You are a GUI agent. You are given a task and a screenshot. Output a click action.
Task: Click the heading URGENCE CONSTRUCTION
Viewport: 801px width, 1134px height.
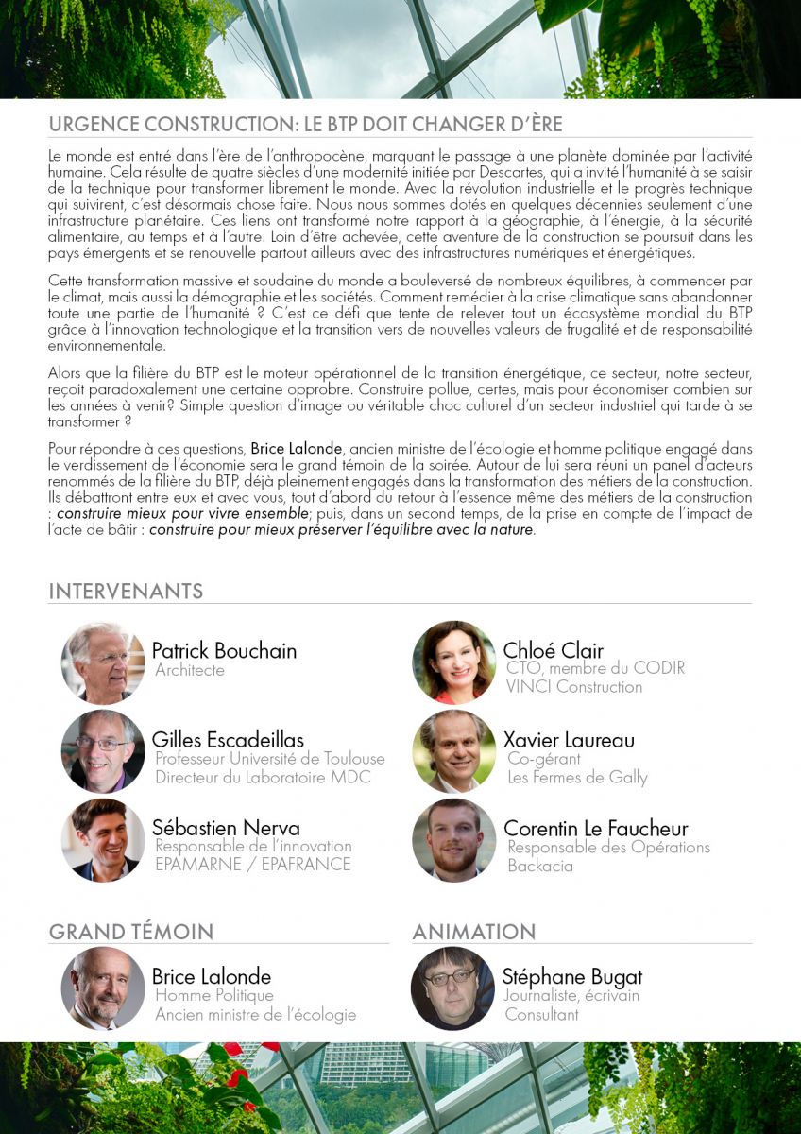point(305,126)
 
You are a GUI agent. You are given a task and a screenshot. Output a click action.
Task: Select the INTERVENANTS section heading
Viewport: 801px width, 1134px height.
point(126,592)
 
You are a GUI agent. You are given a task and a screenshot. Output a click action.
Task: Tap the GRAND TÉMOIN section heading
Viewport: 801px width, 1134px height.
point(131,931)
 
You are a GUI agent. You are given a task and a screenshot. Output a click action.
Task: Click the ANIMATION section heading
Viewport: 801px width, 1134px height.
point(473,931)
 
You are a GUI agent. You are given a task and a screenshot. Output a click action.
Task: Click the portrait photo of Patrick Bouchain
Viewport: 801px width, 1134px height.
point(103,661)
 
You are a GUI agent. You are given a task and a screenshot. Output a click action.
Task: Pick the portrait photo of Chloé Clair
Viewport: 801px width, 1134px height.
point(453,661)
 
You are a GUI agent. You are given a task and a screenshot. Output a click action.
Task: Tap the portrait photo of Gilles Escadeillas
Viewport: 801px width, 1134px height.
point(103,750)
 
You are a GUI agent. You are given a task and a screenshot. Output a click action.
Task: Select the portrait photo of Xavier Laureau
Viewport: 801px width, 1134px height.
point(453,750)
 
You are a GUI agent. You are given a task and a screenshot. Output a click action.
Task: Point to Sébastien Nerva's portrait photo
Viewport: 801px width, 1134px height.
point(103,839)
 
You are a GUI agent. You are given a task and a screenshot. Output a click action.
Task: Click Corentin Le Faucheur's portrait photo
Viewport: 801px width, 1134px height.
point(453,839)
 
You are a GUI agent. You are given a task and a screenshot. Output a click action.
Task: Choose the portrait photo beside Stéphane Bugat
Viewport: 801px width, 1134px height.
point(452,988)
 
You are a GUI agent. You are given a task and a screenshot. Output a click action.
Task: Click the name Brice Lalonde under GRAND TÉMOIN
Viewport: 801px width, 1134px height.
point(212,976)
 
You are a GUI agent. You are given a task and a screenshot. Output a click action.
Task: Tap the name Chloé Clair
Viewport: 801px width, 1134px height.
point(554,650)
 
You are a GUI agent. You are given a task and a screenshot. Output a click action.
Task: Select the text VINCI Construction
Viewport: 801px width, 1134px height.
point(574,687)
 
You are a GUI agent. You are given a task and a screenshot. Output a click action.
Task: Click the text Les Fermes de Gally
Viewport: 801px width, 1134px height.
point(577,778)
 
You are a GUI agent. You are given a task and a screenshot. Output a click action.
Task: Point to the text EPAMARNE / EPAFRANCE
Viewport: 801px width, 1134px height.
point(252,865)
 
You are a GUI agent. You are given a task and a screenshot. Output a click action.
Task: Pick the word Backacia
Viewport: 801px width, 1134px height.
point(540,866)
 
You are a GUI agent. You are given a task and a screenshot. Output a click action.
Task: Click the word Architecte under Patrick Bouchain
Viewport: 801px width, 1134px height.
point(190,670)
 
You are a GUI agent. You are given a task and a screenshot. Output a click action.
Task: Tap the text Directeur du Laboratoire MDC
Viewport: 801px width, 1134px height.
point(263,778)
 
